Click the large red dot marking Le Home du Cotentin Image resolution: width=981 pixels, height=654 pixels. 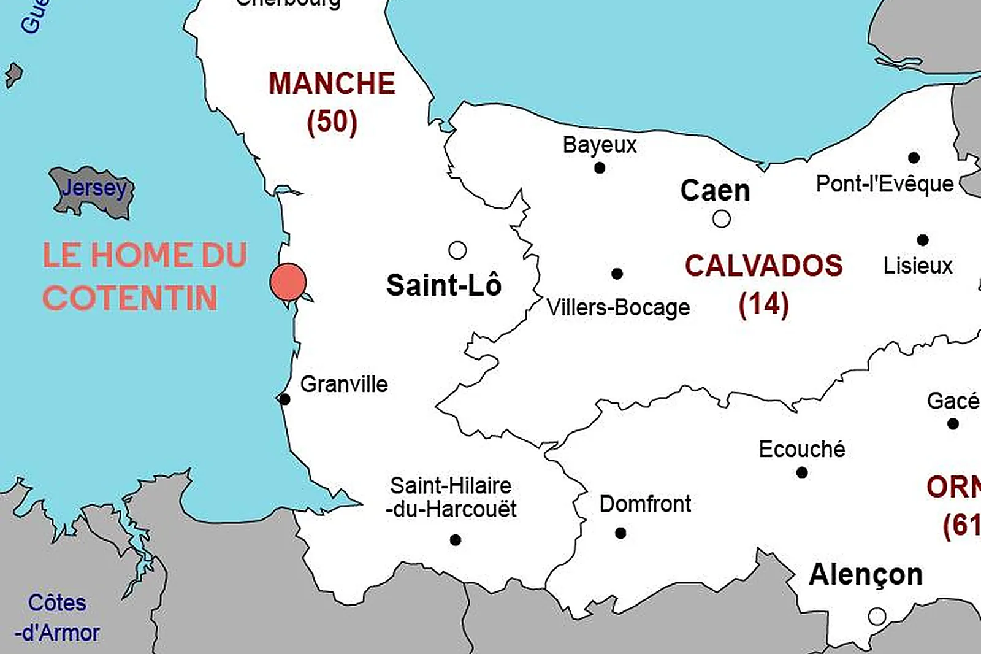(x=288, y=282)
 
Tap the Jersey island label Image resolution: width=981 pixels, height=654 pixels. (x=94, y=188)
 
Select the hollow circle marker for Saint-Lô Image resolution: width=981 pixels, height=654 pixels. (x=457, y=250)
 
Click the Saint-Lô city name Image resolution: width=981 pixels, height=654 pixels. (x=444, y=285)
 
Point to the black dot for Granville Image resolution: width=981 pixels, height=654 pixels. (x=284, y=399)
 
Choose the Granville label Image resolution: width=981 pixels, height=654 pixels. (x=344, y=385)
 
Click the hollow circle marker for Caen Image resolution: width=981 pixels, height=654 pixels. (x=722, y=219)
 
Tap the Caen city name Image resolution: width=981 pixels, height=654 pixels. (x=715, y=191)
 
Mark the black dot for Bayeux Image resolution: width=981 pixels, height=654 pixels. (x=600, y=168)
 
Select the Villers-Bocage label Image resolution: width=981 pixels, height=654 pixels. (x=618, y=308)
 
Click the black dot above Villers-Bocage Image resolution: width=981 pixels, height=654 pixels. (x=617, y=274)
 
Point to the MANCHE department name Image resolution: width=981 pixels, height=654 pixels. (x=332, y=84)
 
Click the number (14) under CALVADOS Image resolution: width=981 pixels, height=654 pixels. (x=763, y=304)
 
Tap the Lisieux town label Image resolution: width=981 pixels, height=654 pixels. (x=918, y=266)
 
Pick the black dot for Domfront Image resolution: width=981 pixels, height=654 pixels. (x=620, y=533)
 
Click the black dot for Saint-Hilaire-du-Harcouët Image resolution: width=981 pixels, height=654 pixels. (x=456, y=540)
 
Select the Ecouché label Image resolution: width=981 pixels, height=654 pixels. (x=802, y=450)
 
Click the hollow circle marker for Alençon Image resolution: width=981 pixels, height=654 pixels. (x=877, y=616)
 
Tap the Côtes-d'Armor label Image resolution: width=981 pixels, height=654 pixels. (x=57, y=618)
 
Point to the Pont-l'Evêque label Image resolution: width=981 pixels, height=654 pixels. (x=885, y=184)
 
